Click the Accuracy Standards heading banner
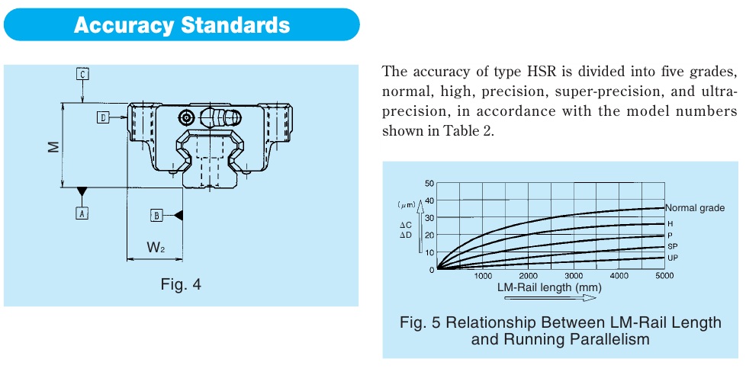[x=182, y=24]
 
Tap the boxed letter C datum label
[x=83, y=74]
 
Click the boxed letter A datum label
[x=82, y=213]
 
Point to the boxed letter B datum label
[x=156, y=216]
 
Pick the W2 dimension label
[x=155, y=248]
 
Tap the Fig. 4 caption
[x=181, y=285]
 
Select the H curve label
[x=670, y=224]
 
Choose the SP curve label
[x=672, y=247]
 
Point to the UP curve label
[x=672, y=258]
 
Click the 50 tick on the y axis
[x=429, y=184]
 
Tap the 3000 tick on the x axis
[x=573, y=276]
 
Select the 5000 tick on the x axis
[x=664, y=276]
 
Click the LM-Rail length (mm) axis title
[x=548, y=288]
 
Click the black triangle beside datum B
[x=178, y=216]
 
